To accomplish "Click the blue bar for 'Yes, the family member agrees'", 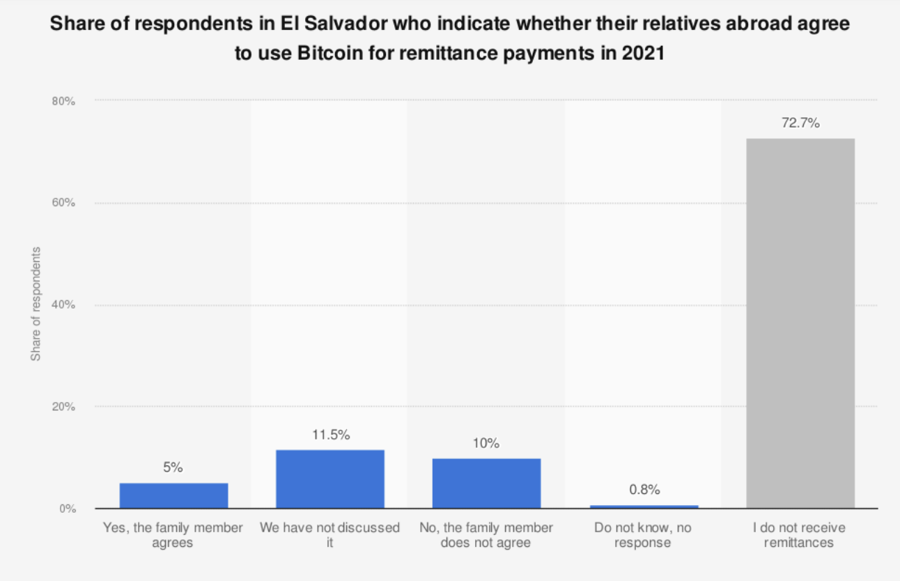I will click(x=173, y=495).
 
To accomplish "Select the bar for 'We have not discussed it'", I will click(x=329, y=479).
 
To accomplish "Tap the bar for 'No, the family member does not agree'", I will click(x=486, y=483).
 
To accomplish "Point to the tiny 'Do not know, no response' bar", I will click(x=644, y=506).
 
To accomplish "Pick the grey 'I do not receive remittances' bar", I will click(x=800, y=323).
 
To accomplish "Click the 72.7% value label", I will click(x=800, y=123).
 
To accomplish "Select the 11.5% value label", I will click(x=329, y=435).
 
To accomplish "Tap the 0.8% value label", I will click(x=644, y=490).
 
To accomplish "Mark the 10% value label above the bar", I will click(x=486, y=444).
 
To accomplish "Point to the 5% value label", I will click(x=173, y=468).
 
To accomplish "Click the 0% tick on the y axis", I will click(x=66, y=509).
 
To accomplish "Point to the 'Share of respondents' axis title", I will click(x=36, y=304).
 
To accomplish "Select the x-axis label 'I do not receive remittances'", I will click(x=799, y=535).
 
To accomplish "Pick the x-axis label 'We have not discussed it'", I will click(x=329, y=535).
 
